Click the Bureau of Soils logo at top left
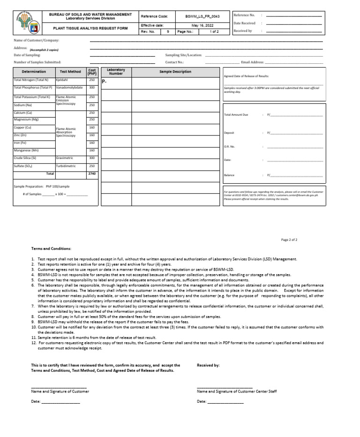28,23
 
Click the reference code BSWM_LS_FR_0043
202,16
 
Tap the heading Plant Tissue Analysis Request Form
90,28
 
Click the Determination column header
34,72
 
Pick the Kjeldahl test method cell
62,80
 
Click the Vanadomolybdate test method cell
69,88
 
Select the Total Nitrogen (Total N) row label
31,80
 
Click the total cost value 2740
92,173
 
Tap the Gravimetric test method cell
64,158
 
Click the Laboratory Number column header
116,72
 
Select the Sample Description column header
175,72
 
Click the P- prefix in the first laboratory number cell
105,82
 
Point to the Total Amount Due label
236,115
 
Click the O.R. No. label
229,147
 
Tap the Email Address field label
252,62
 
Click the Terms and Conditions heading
51,249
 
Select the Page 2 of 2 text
289,240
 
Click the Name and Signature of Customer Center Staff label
237,391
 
